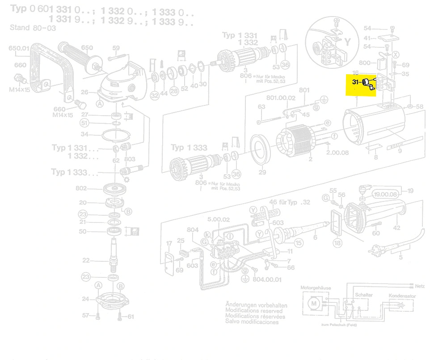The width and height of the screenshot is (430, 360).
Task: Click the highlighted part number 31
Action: [356, 82]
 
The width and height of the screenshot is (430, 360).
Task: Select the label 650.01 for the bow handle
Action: [19, 48]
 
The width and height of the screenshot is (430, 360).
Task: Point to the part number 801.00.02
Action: [281, 98]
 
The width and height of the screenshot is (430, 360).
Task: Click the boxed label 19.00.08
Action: [386, 194]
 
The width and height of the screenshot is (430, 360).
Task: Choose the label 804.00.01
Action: [267, 280]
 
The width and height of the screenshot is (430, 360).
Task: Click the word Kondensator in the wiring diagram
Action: [402, 296]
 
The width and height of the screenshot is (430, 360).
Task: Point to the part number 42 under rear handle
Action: [396, 229]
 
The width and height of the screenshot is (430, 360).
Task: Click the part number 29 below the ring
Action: [262, 172]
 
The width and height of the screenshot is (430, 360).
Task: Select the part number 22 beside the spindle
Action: [86, 260]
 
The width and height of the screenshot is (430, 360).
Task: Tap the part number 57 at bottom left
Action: [86, 316]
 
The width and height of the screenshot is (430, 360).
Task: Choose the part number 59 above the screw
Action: [116, 48]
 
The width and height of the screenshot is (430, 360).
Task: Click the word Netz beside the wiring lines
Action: [420, 285]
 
